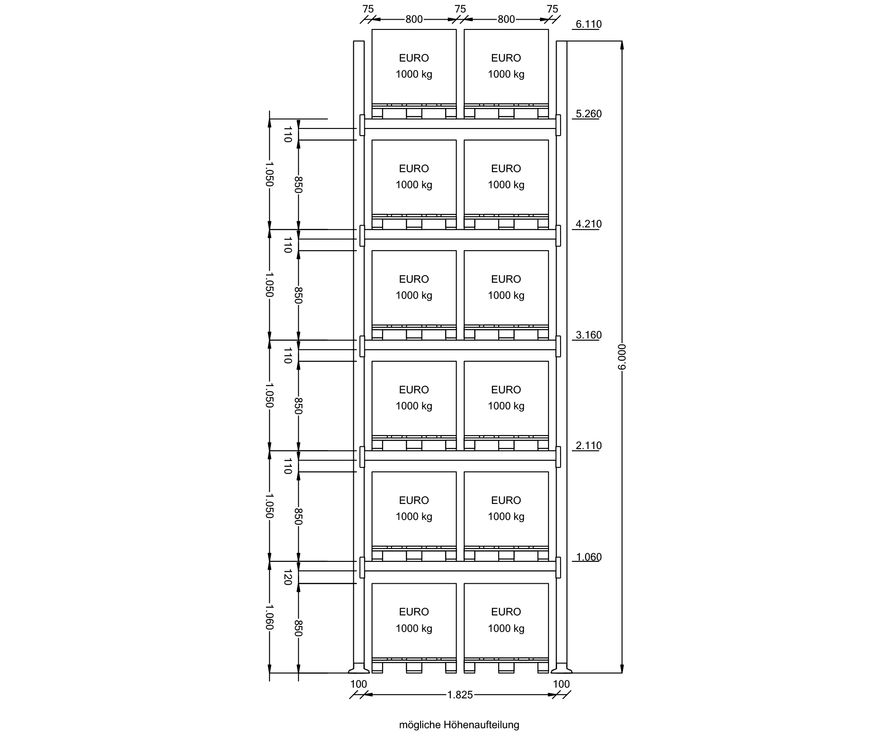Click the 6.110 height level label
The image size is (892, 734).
(x=589, y=24)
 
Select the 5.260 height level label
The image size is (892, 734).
(x=589, y=114)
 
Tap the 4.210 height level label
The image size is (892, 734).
(x=589, y=224)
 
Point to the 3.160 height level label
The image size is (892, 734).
(x=589, y=335)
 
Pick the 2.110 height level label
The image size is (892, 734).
(x=589, y=445)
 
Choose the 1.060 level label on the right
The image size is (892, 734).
(x=589, y=557)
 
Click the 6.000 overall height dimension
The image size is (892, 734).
(x=623, y=357)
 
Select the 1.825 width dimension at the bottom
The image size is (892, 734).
(x=460, y=695)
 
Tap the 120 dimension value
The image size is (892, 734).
(x=288, y=577)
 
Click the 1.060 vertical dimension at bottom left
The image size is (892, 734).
(x=269, y=617)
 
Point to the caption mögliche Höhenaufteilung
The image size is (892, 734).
(x=459, y=725)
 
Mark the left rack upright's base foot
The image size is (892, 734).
(x=359, y=669)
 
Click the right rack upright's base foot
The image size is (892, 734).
(x=562, y=669)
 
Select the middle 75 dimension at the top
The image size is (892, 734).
(x=460, y=9)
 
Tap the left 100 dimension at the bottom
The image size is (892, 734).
(x=359, y=684)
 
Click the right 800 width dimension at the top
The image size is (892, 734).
(x=506, y=19)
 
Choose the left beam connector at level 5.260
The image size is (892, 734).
(x=362, y=125)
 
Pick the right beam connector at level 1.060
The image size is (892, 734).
(x=558, y=568)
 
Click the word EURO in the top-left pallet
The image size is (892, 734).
(x=414, y=58)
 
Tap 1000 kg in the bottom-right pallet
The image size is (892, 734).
(x=506, y=628)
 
